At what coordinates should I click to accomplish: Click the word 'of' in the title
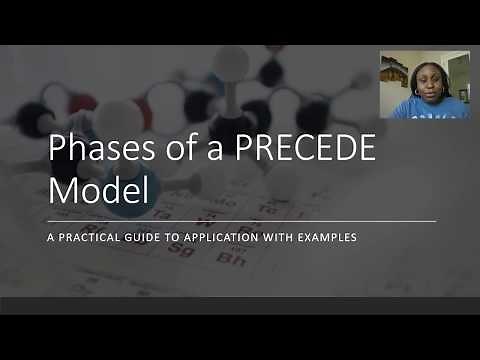pos(166,153)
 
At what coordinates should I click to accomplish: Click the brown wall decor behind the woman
pos(391,72)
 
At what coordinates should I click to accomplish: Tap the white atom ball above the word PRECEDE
pos(231,62)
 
